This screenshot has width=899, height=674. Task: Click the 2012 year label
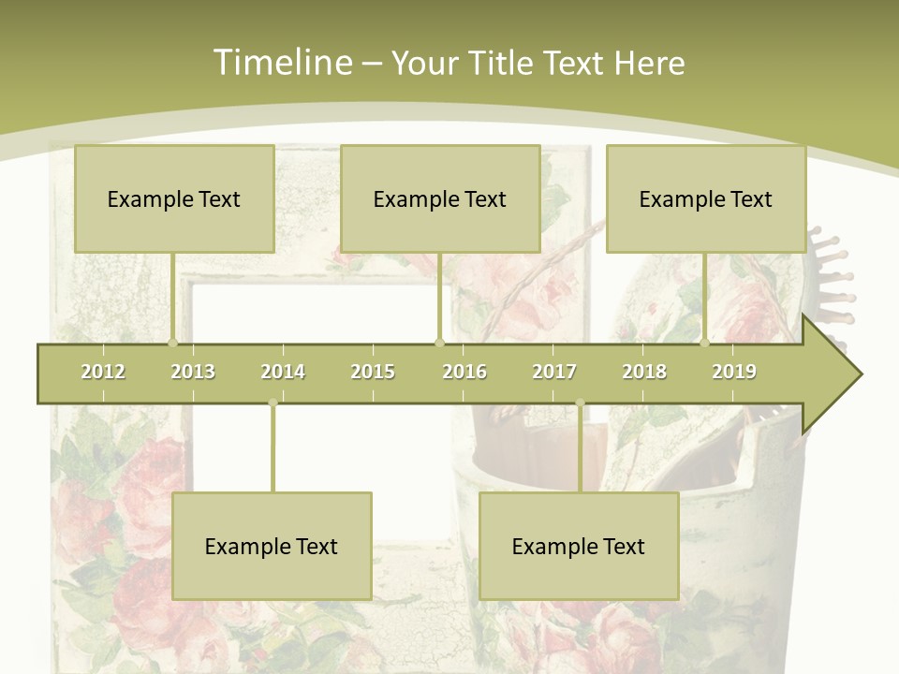pyautogui.click(x=103, y=372)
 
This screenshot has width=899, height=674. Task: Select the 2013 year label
pyautogui.click(x=193, y=372)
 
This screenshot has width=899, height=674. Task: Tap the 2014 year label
pyautogui.click(x=283, y=372)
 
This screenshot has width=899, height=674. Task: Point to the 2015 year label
pyautogui.click(x=373, y=372)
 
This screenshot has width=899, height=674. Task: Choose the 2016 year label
pyautogui.click(x=464, y=372)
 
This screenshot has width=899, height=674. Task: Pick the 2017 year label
pyautogui.click(x=554, y=372)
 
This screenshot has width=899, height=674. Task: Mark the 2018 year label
pyautogui.click(x=644, y=372)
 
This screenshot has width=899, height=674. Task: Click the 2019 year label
pyautogui.click(x=734, y=372)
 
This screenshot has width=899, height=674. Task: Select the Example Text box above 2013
pyautogui.click(x=174, y=198)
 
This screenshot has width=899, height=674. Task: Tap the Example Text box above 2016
pyautogui.click(x=440, y=198)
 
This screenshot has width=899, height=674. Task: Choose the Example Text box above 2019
pyautogui.click(x=706, y=198)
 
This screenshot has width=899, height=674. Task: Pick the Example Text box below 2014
pyautogui.click(x=272, y=546)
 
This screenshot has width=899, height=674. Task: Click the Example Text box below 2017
pyautogui.click(x=579, y=546)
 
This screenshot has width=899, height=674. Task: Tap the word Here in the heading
pyautogui.click(x=649, y=63)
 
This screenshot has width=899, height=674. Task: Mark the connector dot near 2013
pyautogui.click(x=172, y=343)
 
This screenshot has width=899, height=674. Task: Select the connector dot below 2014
pyautogui.click(x=273, y=403)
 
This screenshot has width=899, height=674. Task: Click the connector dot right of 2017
pyautogui.click(x=580, y=403)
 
